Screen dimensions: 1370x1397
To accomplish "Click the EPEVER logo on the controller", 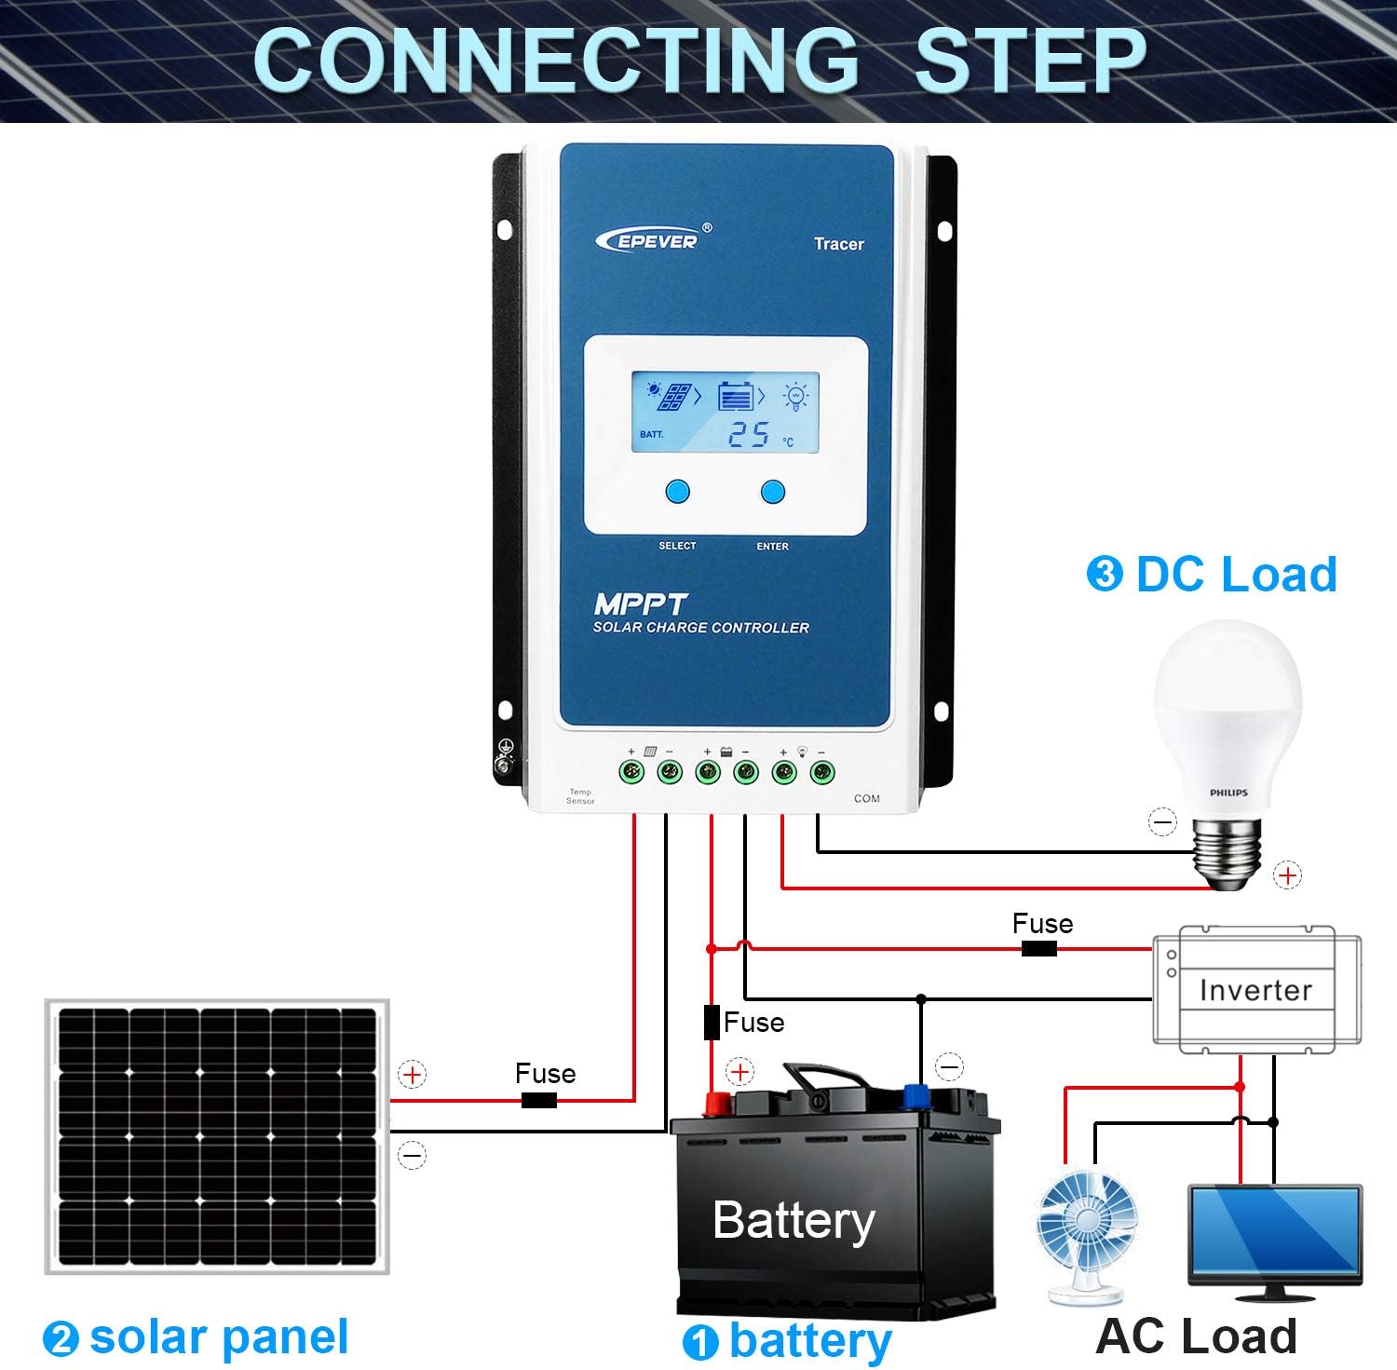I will click(x=647, y=239).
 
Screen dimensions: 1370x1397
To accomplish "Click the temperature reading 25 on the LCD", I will click(x=749, y=434).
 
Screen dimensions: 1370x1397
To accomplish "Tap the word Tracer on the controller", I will click(x=838, y=244).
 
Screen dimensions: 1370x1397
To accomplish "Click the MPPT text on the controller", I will click(x=640, y=604).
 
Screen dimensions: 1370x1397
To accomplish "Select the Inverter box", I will click(x=1255, y=990).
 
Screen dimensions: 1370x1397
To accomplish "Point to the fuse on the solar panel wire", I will click(x=538, y=1101).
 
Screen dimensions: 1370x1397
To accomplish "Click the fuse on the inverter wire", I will click(x=1039, y=949).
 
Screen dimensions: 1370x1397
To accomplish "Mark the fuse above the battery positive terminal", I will click(x=712, y=1022).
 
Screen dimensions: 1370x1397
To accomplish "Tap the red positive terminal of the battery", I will click(x=717, y=1105).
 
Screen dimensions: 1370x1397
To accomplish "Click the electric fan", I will click(x=1087, y=1234).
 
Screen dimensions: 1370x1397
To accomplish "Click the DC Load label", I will click(x=1235, y=574).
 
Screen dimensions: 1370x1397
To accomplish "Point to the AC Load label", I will click(x=1196, y=1336).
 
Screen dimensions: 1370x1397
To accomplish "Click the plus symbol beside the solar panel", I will click(x=412, y=1075).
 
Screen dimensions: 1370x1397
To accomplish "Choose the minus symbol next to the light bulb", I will click(x=1162, y=821).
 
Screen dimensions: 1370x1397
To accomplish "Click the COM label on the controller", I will click(x=866, y=798).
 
